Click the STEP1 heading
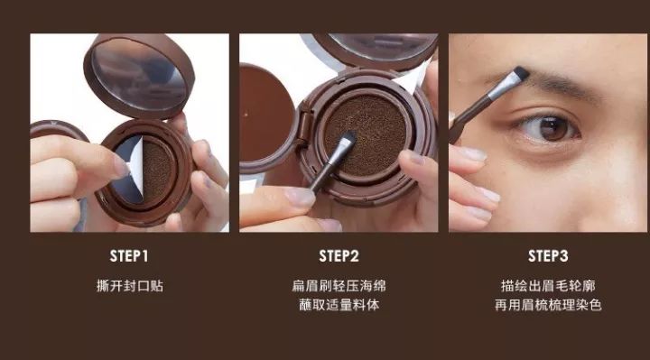point(129,256)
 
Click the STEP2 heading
point(339,256)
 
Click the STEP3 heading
point(548,256)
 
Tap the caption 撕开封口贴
point(130,286)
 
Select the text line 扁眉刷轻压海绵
point(339,286)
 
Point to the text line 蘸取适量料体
point(339,305)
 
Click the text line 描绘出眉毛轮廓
point(548,286)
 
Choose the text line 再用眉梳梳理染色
point(548,305)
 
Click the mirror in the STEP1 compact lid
point(138,74)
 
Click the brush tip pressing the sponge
point(348,138)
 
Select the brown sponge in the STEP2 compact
point(366,134)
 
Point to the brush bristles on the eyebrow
point(520,74)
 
